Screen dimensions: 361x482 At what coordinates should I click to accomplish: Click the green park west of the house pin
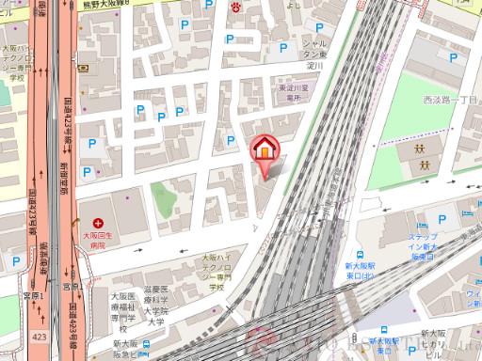[x=163, y=199]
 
